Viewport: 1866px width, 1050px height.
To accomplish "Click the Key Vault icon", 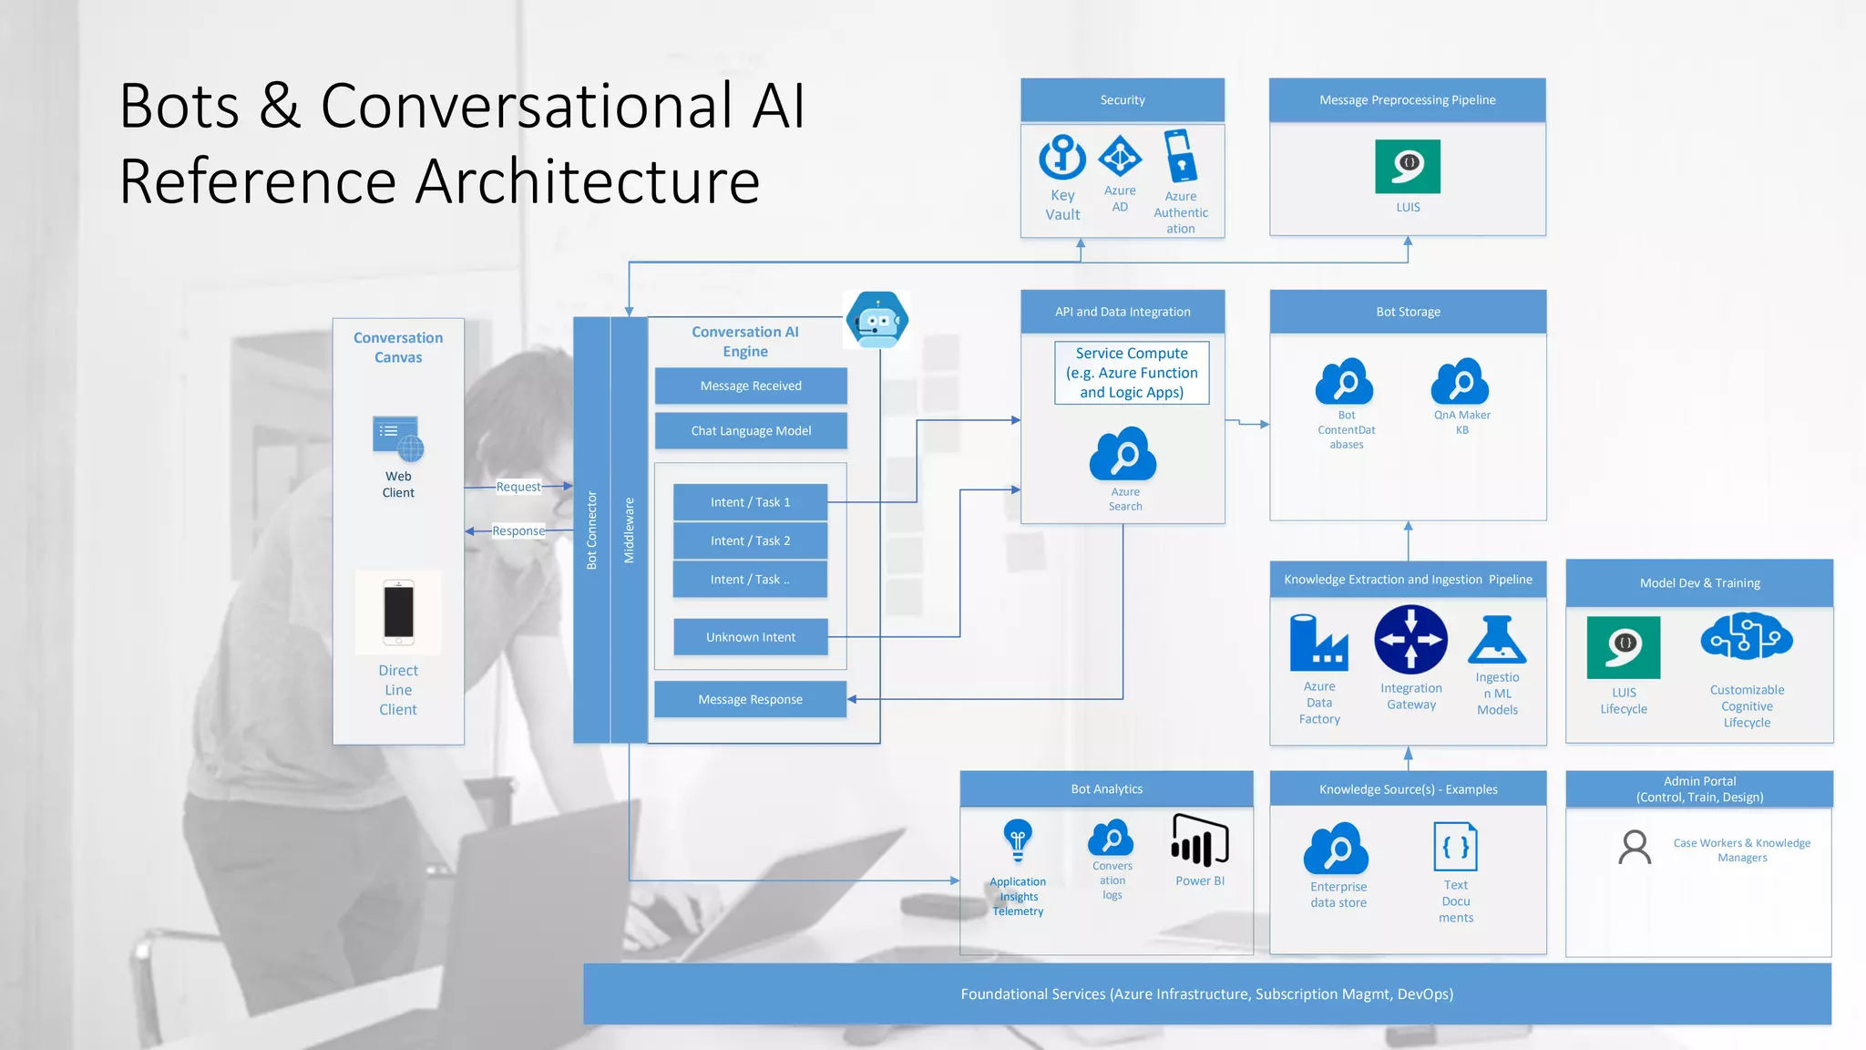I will (x=1062, y=157).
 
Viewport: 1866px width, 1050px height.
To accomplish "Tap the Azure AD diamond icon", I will (x=1120, y=157).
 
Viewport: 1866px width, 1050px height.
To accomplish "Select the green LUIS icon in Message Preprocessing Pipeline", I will (x=1408, y=166).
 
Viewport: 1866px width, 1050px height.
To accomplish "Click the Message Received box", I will (x=751, y=386).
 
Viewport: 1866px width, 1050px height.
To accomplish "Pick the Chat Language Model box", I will (x=751, y=430).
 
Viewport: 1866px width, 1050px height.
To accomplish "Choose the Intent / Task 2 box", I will (x=750, y=540).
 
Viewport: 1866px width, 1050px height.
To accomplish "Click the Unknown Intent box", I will (x=751, y=637).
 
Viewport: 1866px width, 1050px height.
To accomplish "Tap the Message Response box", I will (x=750, y=699).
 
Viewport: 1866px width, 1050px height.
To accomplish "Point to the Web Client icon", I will (x=398, y=438).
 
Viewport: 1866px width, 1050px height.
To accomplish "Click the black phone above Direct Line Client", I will (x=398, y=612).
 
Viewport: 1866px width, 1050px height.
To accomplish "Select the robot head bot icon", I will (x=877, y=320).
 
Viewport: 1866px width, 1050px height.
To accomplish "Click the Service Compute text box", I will (x=1132, y=373).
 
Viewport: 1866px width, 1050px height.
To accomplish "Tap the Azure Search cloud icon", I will (x=1123, y=454).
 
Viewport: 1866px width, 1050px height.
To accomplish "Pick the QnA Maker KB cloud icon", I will (x=1461, y=382).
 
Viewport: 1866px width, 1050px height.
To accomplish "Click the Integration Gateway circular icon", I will (x=1410, y=639).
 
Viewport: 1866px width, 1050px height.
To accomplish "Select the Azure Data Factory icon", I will (x=1318, y=642).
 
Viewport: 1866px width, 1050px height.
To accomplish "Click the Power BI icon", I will (x=1200, y=840).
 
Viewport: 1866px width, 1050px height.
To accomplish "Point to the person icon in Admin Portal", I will (x=1635, y=847).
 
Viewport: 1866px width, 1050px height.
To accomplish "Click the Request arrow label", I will (x=518, y=487).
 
